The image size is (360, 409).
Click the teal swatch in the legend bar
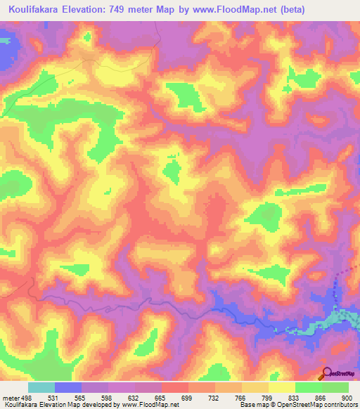click(41, 387)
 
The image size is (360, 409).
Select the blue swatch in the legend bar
click(68, 387)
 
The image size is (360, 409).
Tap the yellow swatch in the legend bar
click(281, 387)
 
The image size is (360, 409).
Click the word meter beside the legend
click(9, 396)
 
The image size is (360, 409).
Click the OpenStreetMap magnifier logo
click(326, 373)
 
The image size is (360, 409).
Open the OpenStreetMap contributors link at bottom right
click(328, 405)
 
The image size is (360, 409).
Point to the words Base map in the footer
click(255, 405)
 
